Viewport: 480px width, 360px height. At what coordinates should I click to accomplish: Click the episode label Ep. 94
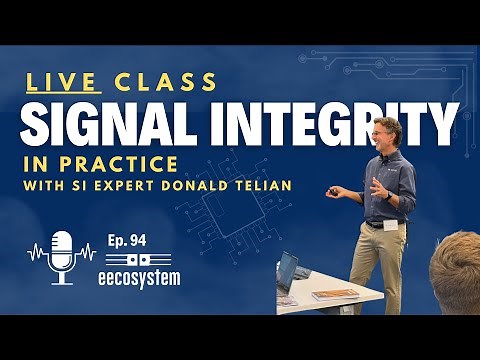[x=123, y=240]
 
